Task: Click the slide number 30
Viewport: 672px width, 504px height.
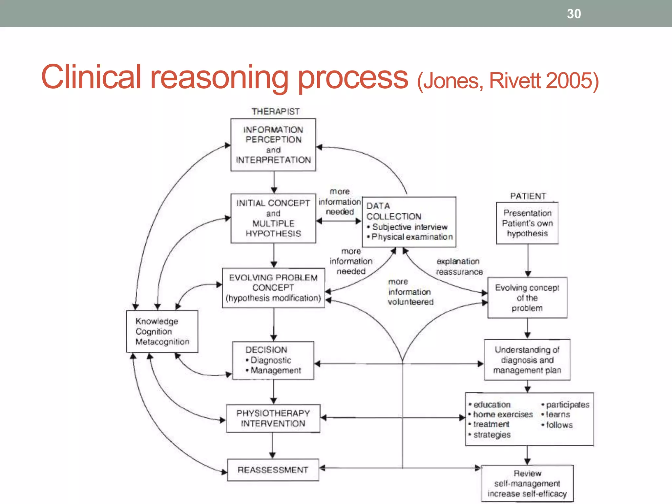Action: click(574, 14)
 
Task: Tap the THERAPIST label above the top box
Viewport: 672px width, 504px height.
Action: click(275, 112)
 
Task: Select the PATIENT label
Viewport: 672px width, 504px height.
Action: click(528, 196)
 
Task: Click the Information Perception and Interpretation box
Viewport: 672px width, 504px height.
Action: click(273, 145)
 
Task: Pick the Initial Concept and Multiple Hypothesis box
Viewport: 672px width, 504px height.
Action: click(273, 218)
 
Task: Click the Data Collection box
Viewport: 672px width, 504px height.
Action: click(409, 221)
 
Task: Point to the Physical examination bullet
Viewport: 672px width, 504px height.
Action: click(412, 237)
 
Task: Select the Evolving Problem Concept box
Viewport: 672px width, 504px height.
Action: click(273, 288)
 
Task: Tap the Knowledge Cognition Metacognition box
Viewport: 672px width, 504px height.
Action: click(162, 331)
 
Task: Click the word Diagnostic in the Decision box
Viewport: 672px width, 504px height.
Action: click(271, 360)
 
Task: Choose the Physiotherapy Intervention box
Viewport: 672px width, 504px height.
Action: click(273, 418)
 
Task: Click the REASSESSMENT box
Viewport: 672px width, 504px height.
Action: click(273, 470)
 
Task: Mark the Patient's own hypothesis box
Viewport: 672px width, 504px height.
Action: click(527, 223)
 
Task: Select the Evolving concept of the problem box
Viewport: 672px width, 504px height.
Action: click(527, 298)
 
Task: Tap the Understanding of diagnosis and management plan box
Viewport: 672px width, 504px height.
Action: click(527, 360)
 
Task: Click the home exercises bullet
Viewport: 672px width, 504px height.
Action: click(503, 414)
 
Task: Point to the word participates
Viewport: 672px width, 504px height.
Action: click(568, 405)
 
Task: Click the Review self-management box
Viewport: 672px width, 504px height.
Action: click(527, 483)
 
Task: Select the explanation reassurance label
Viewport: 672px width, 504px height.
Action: click(459, 266)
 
